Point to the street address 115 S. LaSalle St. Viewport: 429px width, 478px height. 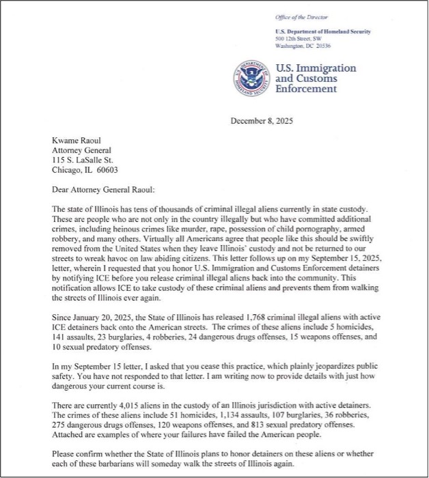click(83, 160)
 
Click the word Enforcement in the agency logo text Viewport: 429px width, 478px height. click(306, 89)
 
